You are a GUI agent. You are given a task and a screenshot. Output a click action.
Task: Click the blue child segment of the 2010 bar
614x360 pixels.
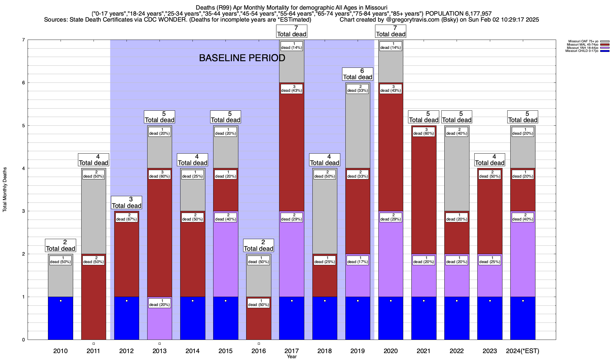[61, 318]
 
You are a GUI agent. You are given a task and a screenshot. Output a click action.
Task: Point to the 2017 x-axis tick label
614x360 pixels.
[291, 351]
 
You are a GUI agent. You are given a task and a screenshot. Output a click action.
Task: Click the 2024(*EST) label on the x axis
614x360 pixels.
[523, 351]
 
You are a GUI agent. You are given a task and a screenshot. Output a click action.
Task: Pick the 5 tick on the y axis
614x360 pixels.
[23, 126]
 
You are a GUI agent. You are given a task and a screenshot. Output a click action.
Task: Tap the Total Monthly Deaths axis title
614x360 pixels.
[5, 190]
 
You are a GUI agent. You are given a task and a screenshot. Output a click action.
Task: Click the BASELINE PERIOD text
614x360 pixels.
[242, 58]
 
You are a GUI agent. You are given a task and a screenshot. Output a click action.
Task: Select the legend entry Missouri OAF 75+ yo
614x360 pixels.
[583, 41]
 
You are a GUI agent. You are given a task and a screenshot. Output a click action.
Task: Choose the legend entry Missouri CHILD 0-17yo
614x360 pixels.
[582, 51]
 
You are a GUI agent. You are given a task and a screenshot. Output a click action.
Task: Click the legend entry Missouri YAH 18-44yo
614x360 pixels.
[582, 48]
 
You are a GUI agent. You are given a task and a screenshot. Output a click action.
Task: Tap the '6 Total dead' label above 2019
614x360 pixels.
[358, 74]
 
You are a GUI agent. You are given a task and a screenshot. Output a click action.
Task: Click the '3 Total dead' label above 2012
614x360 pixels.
[127, 202]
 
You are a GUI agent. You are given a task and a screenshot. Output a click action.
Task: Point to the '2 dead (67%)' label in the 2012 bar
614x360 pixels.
[127, 217]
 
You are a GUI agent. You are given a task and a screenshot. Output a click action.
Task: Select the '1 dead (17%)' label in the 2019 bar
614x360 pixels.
[358, 260]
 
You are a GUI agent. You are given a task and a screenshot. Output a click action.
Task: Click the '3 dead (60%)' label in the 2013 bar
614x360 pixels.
[159, 174]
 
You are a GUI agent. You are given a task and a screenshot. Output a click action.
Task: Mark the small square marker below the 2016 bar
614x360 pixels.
[259, 343]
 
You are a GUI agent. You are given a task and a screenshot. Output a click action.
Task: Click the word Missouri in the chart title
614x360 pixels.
[376, 7]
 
